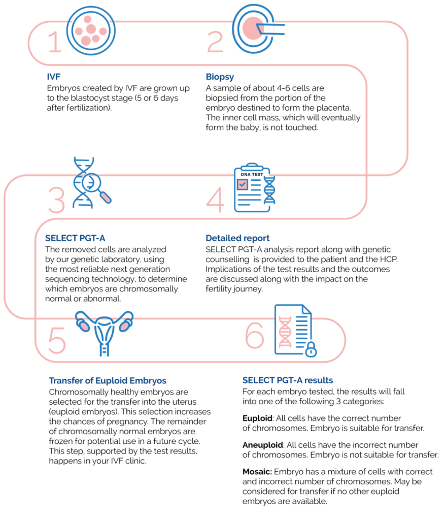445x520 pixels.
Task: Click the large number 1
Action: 54,43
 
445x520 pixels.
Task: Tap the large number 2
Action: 215,43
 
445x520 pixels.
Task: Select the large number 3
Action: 56,200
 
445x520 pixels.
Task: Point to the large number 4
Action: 215,200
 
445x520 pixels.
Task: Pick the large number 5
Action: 57,340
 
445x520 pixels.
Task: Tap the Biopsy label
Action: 220,77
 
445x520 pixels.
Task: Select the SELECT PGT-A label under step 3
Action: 75,238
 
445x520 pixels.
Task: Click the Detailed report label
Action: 237,238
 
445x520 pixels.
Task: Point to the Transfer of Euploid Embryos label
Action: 108,380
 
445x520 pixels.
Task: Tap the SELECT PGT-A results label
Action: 288,380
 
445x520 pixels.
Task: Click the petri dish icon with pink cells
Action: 91,30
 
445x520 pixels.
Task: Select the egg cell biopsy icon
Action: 254,28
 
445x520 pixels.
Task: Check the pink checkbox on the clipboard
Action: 243,184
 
